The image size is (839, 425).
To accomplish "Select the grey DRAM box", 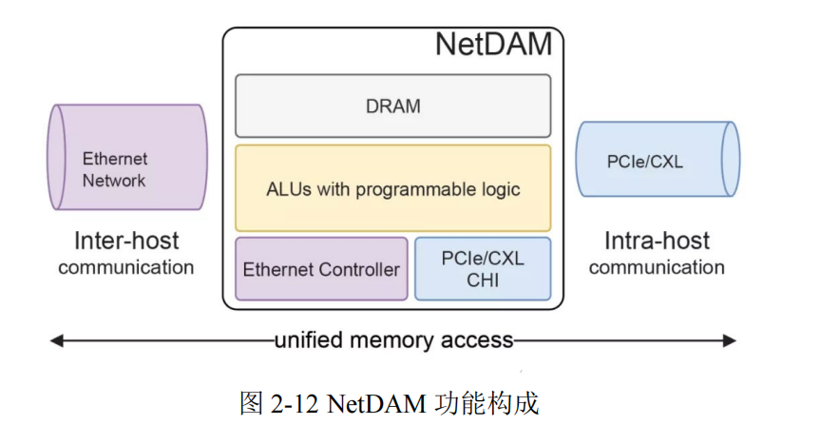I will pos(392,106).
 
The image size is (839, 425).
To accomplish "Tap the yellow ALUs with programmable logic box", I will pos(392,188).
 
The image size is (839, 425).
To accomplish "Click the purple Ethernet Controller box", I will pos(321,269).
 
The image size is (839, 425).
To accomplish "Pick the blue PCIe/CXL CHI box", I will pos(483,269).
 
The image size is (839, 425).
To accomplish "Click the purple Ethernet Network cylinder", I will pos(127,157).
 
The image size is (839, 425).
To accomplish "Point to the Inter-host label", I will pos(126,241).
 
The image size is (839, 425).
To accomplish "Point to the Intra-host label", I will pos(657,241).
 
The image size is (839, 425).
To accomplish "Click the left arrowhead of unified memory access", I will pos(55,340).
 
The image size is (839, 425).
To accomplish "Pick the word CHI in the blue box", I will pos(483,280).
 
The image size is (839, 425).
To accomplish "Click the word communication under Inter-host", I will pos(126,267).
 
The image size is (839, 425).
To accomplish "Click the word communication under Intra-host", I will pos(657,267).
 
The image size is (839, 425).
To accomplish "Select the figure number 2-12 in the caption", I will pos(295,403).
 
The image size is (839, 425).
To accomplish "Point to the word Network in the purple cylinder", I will pos(114,180).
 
